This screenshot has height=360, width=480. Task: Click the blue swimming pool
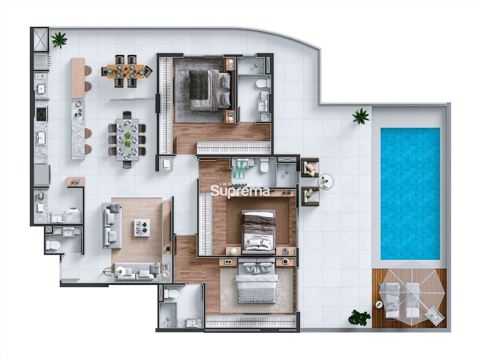[x=410, y=194]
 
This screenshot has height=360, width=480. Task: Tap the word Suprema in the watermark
[x=240, y=192]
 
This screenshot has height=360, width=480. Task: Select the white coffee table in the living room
[x=142, y=227]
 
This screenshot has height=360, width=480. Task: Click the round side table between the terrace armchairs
[x=326, y=181]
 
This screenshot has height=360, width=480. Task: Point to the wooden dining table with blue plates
[x=126, y=71]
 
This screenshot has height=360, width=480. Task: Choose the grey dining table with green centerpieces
[x=127, y=140]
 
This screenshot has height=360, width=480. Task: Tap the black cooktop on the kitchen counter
[x=41, y=113]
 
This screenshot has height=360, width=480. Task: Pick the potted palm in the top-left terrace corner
[x=59, y=40]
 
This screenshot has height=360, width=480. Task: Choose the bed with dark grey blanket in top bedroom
[x=210, y=90]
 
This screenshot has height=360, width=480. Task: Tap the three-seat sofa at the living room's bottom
[x=137, y=272]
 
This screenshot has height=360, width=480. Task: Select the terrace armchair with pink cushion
[x=310, y=168]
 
